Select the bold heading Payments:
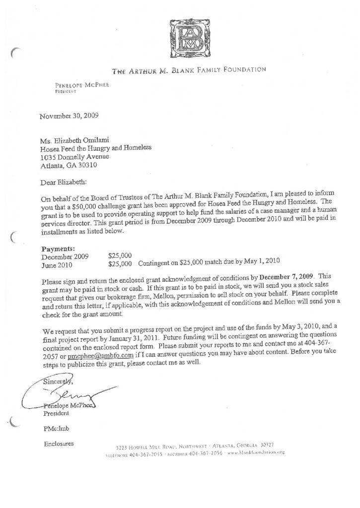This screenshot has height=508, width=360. coord(58,248)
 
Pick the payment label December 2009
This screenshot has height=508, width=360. coord(65,256)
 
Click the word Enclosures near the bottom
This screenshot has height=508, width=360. coord(58,443)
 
